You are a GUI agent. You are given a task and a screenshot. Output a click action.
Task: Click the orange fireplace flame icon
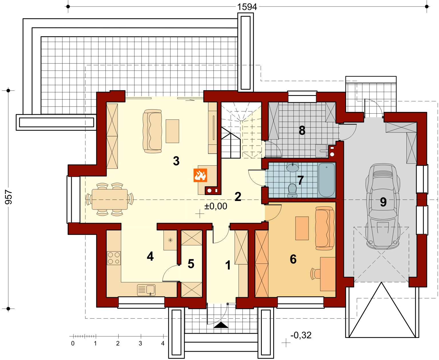200,175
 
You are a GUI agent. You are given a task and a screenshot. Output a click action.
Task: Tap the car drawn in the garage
383,206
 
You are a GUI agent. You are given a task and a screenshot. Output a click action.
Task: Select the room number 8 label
302,130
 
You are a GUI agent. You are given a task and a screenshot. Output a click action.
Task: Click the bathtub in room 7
326,180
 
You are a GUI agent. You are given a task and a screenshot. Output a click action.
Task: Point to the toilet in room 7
292,190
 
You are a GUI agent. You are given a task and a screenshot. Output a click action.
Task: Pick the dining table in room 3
110,199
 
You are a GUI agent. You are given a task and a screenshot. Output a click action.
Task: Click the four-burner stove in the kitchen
114,258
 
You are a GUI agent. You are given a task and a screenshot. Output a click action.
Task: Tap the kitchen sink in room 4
146,290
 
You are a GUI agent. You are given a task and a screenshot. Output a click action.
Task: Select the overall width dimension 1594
247,7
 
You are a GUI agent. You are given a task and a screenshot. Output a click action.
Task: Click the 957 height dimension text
9,197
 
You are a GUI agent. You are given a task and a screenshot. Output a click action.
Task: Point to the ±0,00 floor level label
216,206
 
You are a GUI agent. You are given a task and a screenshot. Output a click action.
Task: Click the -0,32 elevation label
301,335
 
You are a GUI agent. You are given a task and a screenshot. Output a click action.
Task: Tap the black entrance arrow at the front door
221,325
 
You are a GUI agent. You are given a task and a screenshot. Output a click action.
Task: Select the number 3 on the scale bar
140,343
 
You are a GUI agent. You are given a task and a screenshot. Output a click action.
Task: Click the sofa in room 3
152,131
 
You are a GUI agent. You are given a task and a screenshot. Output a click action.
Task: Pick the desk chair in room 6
315,273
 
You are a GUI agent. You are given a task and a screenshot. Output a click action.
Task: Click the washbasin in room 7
293,167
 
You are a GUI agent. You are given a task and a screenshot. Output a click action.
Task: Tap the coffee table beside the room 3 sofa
172,131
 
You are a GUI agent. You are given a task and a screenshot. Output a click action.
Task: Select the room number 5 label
191,264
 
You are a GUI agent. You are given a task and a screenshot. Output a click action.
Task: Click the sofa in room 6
325,228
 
